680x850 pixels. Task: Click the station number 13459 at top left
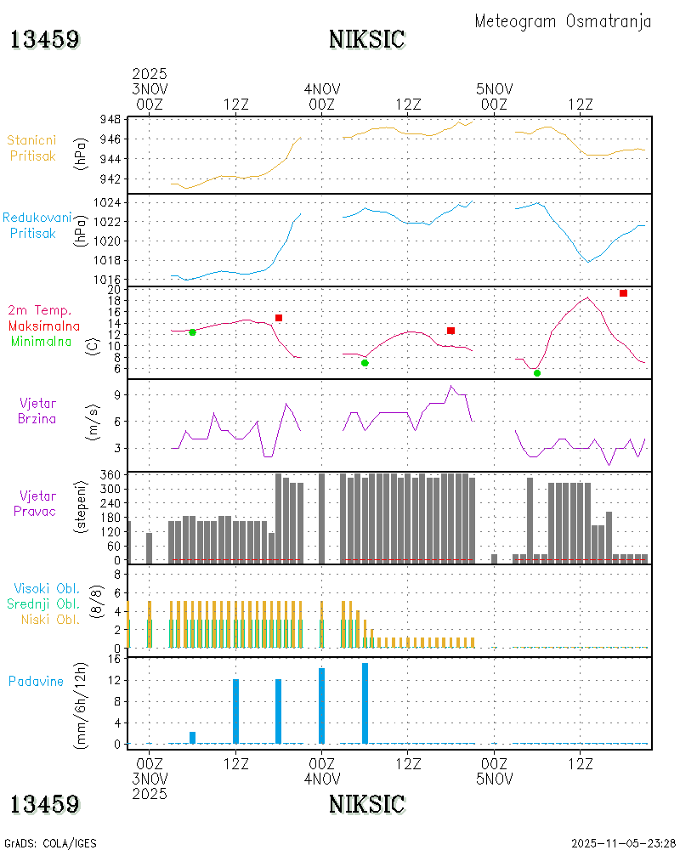tap(45, 40)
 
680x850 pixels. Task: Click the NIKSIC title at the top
tap(367, 40)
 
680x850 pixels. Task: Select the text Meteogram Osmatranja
tap(563, 21)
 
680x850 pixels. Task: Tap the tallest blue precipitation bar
tap(365, 703)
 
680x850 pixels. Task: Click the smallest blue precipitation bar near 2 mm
tap(193, 737)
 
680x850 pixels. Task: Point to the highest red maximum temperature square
tap(623, 293)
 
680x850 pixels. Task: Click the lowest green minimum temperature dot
tap(537, 373)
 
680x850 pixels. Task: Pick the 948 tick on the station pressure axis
tap(110, 119)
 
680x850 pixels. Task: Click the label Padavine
tap(36, 682)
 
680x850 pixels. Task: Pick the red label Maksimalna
tap(44, 326)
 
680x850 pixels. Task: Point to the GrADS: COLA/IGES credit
tap(50, 842)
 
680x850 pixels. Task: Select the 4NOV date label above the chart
tap(322, 88)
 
